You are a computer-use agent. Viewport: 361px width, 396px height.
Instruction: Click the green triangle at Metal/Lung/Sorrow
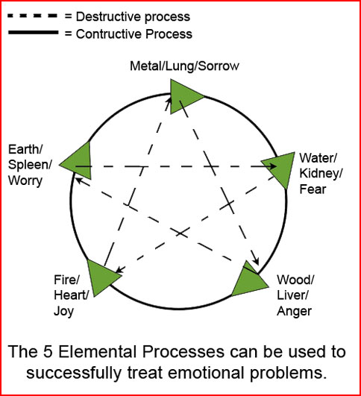point(183,96)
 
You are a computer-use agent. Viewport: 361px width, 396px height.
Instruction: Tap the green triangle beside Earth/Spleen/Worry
point(79,162)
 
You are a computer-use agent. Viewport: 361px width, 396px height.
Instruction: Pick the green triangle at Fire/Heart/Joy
point(100,277)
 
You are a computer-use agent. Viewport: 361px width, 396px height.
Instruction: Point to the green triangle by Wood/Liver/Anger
point(249,282)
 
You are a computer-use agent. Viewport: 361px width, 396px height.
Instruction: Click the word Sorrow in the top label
point(219,66)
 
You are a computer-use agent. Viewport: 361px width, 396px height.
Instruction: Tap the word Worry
point(25,181)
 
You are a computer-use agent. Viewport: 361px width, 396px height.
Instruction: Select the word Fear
point(313,189)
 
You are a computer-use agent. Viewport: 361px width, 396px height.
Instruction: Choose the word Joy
point(63,312)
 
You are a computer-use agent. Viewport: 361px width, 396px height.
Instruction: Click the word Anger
point(294,312)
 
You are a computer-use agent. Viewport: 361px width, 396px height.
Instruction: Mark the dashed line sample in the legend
point(33,16)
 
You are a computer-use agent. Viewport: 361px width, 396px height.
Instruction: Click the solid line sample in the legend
point(33,32)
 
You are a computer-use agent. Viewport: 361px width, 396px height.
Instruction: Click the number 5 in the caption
point(48,351)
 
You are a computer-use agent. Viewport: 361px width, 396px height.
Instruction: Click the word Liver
point(292,295)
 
